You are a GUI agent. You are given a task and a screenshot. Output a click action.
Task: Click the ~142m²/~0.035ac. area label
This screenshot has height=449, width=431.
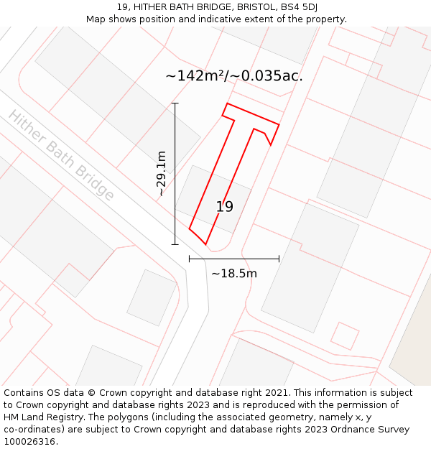(x=234, y=75)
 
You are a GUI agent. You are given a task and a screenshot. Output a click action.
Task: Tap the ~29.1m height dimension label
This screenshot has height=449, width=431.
(x=162, y=173)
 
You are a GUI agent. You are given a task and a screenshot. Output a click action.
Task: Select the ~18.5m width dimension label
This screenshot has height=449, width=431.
(x=233, y=273)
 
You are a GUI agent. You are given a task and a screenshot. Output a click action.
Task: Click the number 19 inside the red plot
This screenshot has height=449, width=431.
(x=225, y=207)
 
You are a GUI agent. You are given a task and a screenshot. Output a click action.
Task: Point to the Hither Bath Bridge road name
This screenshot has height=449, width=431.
(x=61, y=155)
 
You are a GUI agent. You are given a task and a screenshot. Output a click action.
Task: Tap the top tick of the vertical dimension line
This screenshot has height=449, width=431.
(x=175, y=103)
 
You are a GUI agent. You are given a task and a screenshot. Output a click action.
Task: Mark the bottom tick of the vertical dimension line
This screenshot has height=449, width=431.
(x=175, y=244)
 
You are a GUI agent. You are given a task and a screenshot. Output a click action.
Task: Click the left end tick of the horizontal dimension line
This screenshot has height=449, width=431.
(x=189, y=259)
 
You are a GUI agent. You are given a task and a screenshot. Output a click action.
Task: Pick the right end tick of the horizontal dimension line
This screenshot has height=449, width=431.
(x=279, y=259)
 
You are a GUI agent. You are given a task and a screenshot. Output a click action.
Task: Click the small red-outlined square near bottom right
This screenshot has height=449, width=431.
(x=345, y=335)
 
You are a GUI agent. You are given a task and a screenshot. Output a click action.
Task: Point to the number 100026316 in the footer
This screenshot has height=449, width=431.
(x=29, y=442)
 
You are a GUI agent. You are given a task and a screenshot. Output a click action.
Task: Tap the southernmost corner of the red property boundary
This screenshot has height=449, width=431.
(x=206, y=244)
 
